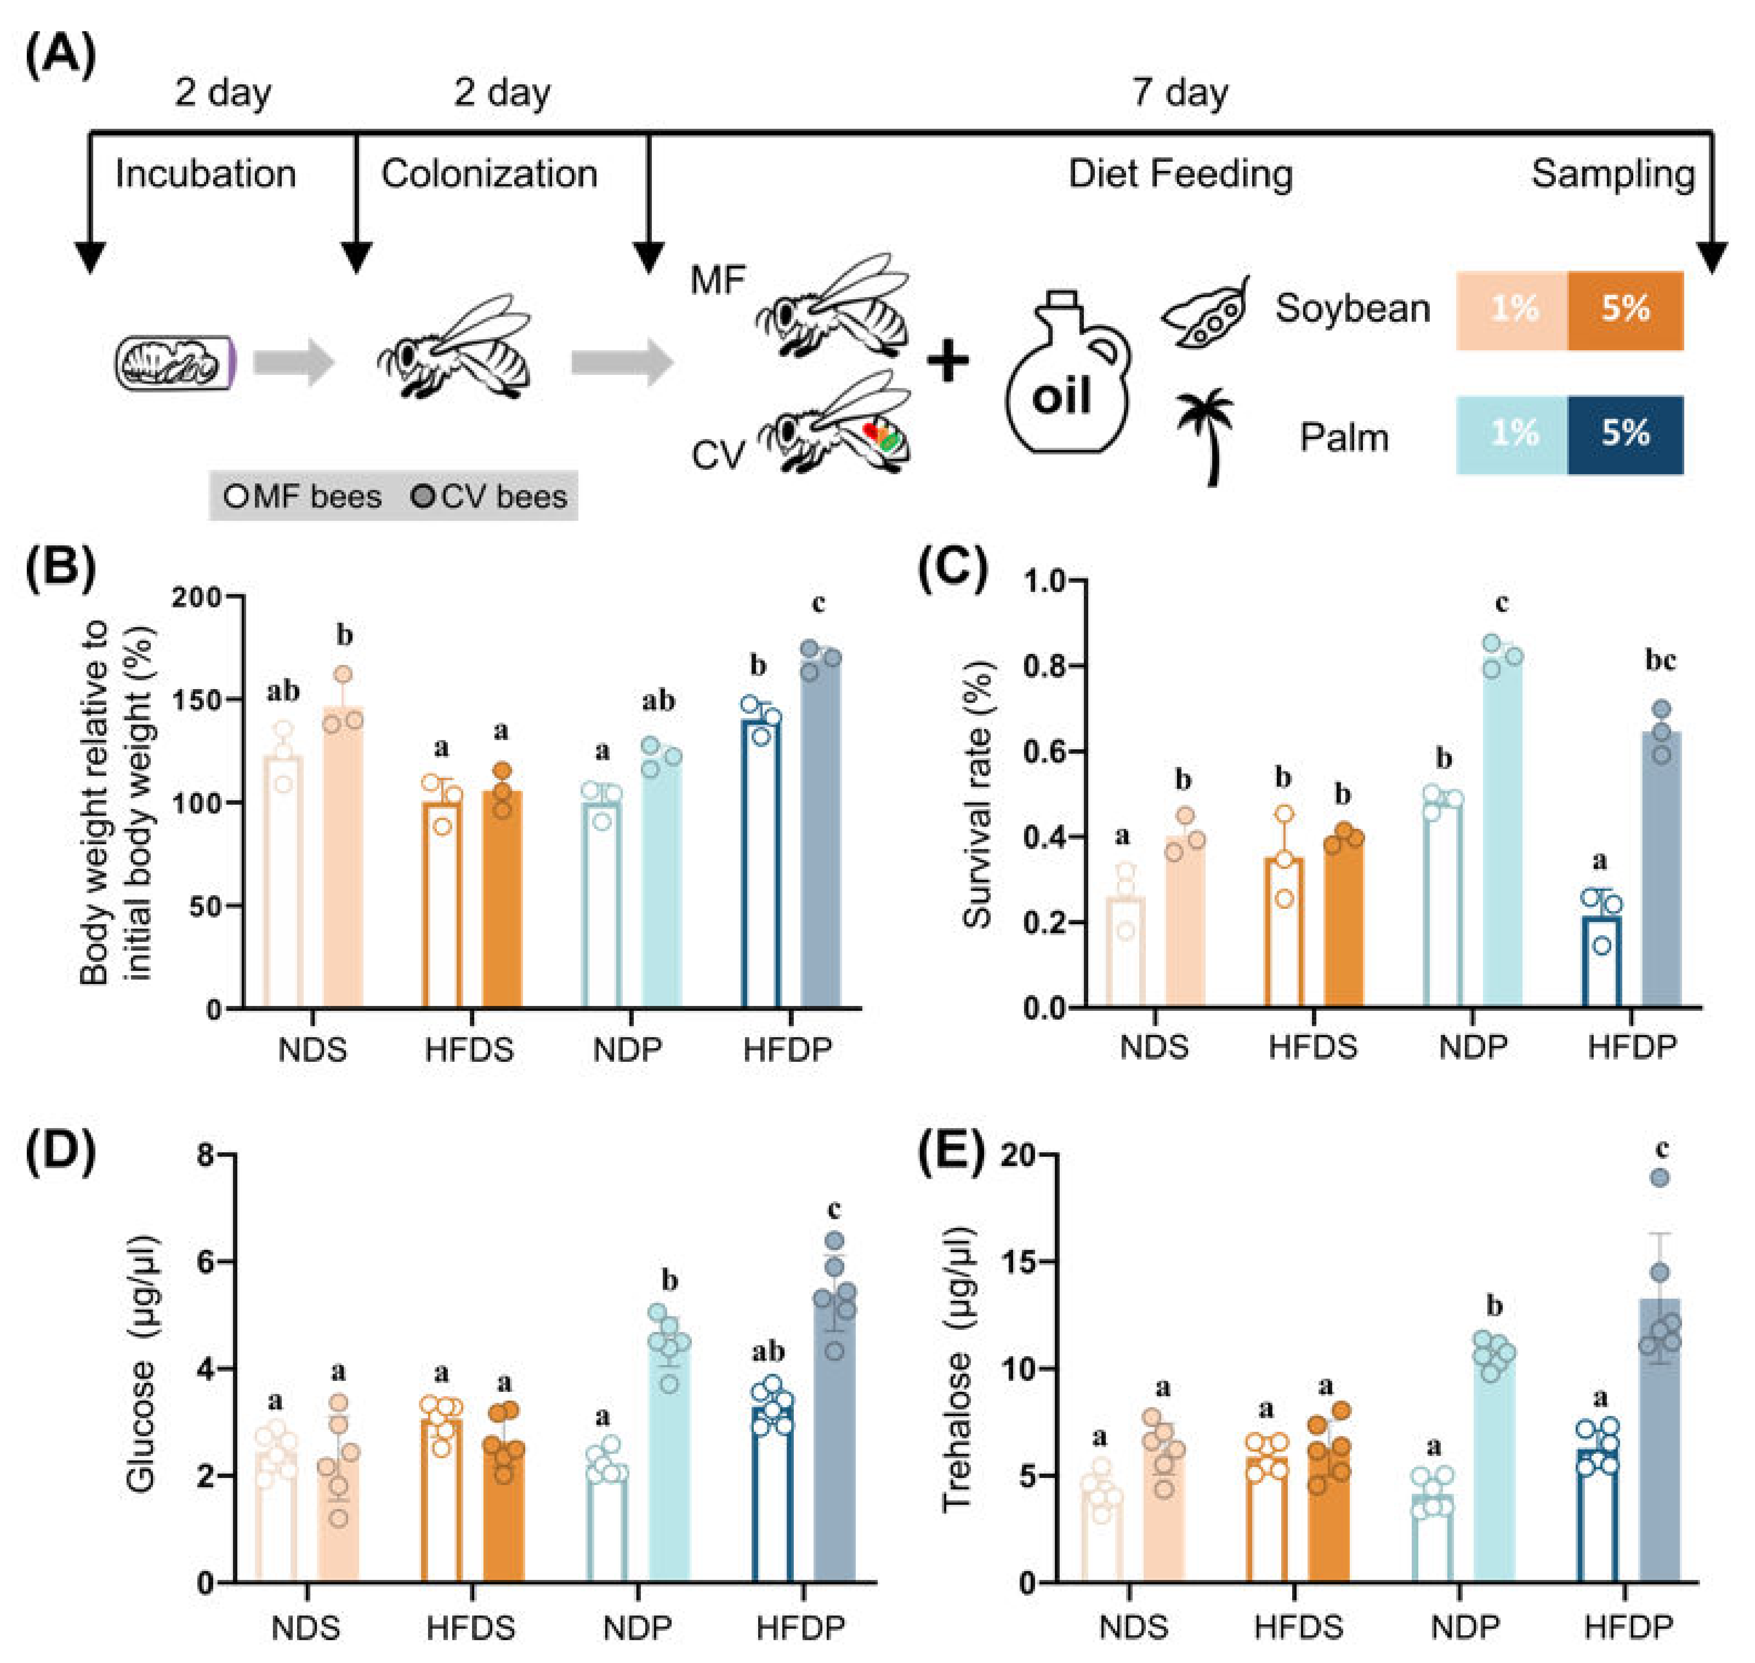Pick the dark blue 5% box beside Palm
click(1625, 434)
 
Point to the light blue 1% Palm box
click(1512, 434)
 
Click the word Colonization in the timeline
click(489, 174)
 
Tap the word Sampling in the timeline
click(1612, 174)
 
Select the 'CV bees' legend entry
click(490, 497)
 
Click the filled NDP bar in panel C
click(1502, 833)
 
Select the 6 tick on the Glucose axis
click(206, 1261)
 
